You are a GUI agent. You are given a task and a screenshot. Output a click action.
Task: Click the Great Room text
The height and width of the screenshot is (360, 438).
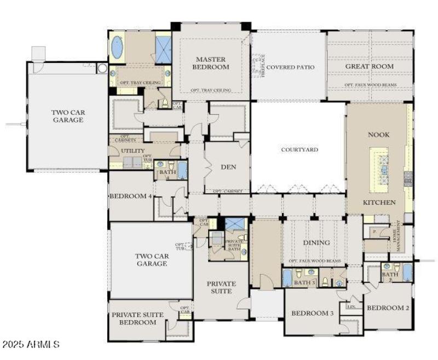coord(369,67)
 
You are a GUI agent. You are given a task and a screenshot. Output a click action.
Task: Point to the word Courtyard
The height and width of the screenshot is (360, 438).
coord(299,149)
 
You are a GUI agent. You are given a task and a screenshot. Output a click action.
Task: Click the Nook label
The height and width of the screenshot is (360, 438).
coord(379,135)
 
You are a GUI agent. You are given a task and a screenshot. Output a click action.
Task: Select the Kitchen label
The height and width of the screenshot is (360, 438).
coord(379,202)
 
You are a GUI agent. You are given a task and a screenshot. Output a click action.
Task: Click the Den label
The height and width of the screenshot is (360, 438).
coord(228,167)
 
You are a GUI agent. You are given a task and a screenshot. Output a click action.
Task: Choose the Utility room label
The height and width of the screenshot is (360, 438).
coord(133,150)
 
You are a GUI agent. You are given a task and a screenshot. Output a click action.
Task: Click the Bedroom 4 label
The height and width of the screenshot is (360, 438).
coord(130,196)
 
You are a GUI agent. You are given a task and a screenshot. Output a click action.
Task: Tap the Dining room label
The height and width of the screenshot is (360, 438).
coord(316,242)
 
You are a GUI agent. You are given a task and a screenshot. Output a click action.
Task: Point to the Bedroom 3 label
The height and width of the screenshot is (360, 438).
coord(312,313)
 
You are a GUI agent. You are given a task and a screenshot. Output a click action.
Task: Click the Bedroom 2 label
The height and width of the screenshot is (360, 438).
coord(388,307)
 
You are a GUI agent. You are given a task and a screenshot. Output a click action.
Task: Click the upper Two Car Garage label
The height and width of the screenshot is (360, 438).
coord(68,116)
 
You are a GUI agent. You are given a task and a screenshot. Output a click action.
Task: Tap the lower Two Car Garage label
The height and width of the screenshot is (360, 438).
coord(151,259)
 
